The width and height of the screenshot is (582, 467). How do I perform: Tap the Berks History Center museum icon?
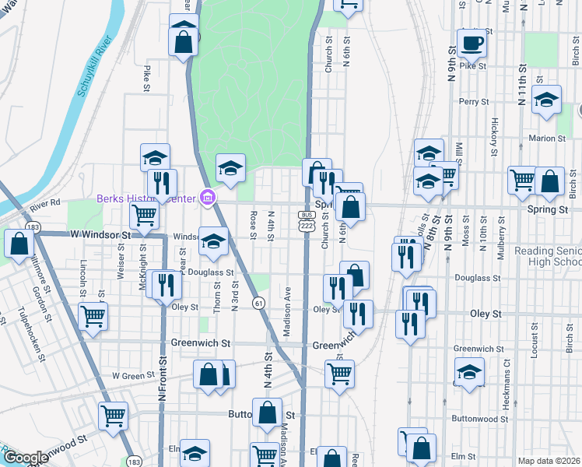(x=207, y=198)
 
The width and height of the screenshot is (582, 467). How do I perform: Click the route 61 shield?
(x=258, y=301)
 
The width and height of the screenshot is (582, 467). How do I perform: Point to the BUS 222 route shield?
(x=306, y=219)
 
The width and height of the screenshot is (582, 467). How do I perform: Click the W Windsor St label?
(x=99, y=234)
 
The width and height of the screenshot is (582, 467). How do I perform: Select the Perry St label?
(x=474, y=101)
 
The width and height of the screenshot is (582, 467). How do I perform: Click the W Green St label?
(x=129, y=376)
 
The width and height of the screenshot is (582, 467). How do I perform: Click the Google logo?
(x=25, y=458)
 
